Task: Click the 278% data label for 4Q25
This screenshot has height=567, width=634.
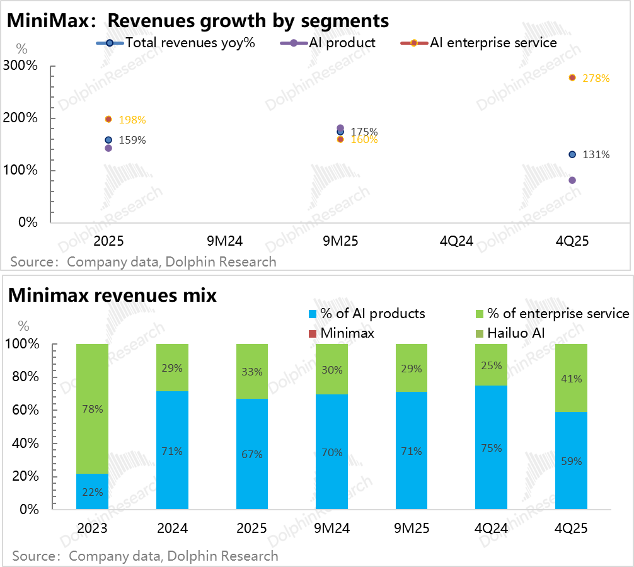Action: tap(596, 79)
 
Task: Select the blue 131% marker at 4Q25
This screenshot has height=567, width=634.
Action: tap(572, 154)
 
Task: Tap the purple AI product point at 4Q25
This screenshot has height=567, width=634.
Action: tap(572, 180)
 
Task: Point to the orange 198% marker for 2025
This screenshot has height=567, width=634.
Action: tap(108, 119)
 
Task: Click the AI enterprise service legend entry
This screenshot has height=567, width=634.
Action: tap(479, 43)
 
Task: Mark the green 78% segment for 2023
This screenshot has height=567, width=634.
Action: tap(92, 409)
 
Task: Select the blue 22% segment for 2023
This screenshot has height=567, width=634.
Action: tap(92, 492)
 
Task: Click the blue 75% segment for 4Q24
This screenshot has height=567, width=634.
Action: tap(492, 448)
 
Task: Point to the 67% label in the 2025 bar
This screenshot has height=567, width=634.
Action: tap(252, 454)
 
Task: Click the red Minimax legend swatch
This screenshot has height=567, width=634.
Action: tap(311, 333)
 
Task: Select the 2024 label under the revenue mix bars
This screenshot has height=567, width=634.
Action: tap(172, 528)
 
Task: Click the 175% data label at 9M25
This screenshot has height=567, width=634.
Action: tap(364, 132)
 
